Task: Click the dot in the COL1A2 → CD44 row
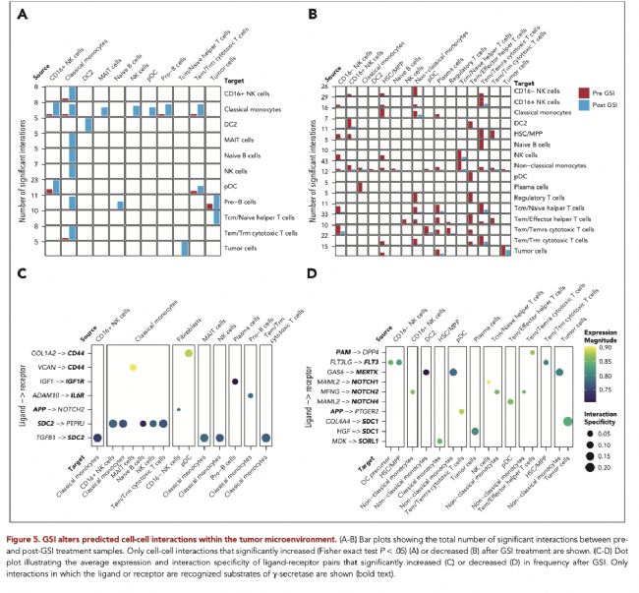[x=189, y=352]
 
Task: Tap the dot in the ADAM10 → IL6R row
[x=252, y=395]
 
